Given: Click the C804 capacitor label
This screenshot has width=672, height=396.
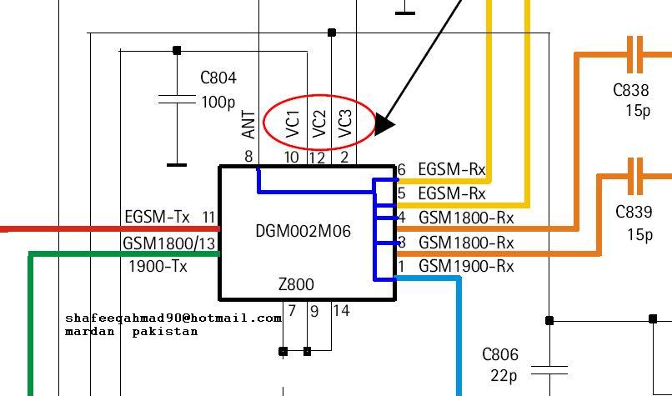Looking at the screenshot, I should pyautogui.click(x=218, y=78).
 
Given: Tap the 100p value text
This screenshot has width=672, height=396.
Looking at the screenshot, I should pyautogui.click(x=218, y=103).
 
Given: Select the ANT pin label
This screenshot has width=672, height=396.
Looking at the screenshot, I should pyautogui.click(x=248, y=125).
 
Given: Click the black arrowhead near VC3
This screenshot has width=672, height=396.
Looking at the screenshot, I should pyautogui.click(x=384, y=124).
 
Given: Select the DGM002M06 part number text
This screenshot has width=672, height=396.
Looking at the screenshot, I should pyautogui.click(x=303, y=231).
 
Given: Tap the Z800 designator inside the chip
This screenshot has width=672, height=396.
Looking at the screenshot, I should pyautogui.click(x=296, y=284).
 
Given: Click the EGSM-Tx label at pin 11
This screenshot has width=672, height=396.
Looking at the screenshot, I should pyautogui.click(x=158, y=218).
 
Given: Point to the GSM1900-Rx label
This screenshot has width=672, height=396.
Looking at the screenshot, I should pyautogui.click(x=466, y=267).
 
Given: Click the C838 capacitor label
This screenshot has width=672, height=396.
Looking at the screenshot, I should pyautogui.click(x=631, y=90).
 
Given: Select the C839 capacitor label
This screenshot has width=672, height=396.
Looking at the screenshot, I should pyautogui.click(x=633, y=212).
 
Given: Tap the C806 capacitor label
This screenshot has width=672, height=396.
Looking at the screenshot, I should pyautogui.click(x=500, y=355).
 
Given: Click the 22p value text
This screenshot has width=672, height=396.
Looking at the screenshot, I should pyautogui.click(x=503, y=376).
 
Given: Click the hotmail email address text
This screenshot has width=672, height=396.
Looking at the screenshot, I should pyautogui.click(x=173, y=318).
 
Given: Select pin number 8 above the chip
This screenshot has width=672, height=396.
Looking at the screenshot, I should pyautogui.click(x=248, y=157).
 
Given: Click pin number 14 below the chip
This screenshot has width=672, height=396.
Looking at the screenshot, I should pyautogui.click(x=341, y=311).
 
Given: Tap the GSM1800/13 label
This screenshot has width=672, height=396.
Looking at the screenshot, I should pyautogui.click(x=169, y=243).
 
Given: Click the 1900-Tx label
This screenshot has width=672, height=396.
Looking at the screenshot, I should pyautogui.click(x=158, y=267).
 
